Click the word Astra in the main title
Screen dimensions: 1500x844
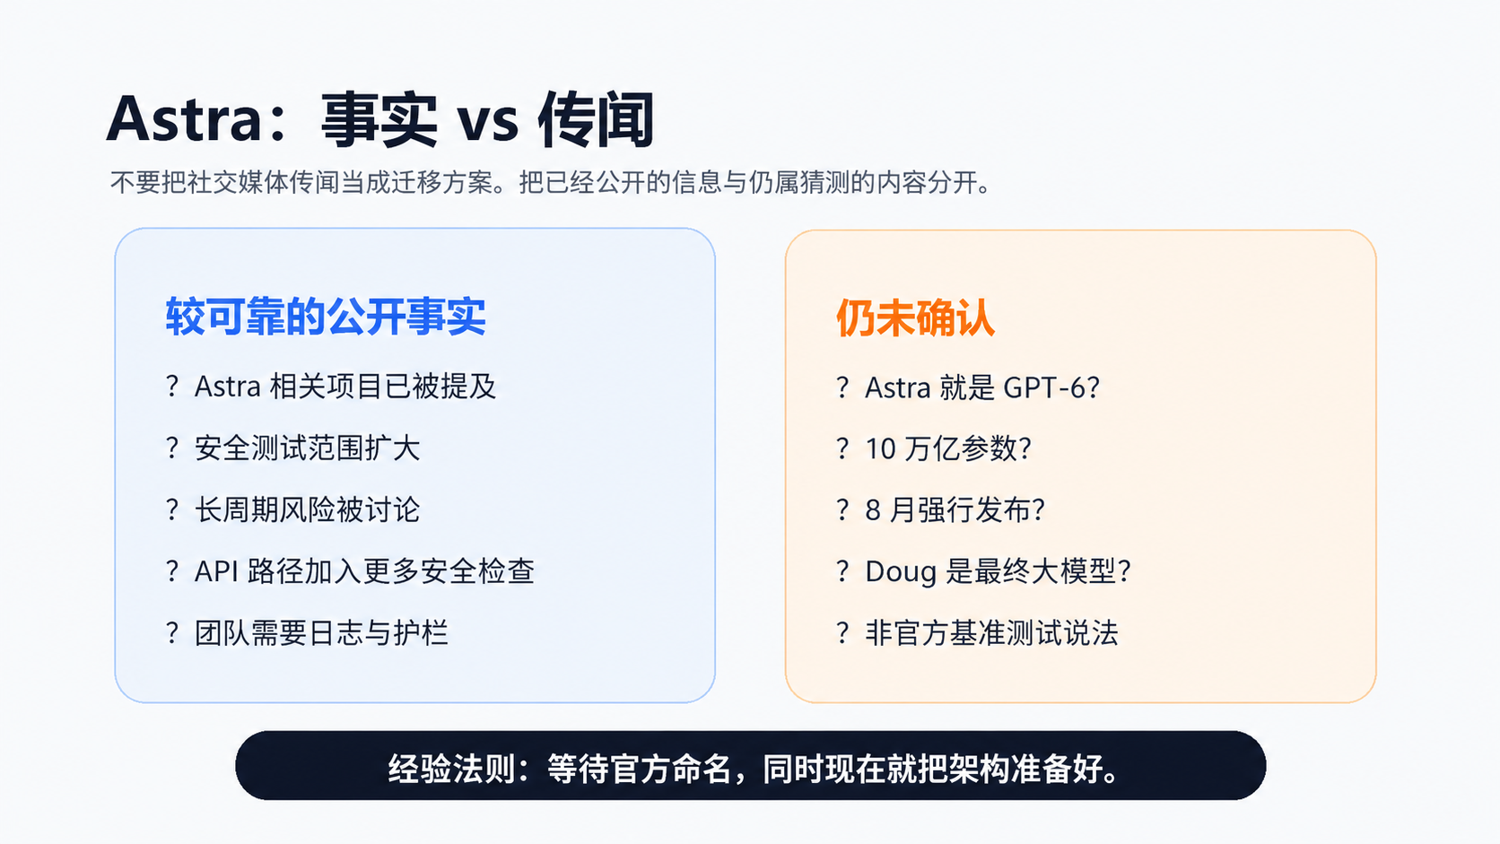[184, 119]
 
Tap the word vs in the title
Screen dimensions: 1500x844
[487, 122]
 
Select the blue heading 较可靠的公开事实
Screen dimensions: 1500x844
[326, 316]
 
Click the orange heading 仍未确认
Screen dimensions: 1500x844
[915, 318]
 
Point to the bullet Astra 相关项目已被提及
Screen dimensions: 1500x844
[344, 387]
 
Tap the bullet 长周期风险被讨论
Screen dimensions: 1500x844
[308, 510]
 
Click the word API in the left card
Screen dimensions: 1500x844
[216, 571]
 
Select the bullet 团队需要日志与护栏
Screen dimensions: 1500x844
[321, 633]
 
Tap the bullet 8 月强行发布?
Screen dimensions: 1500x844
[955, 510]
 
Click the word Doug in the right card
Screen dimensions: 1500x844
[901, 572]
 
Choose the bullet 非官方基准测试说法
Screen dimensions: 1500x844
[991, 633]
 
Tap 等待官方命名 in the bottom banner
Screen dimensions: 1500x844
[640, 769]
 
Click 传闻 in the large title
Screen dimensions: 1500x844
[596, 120]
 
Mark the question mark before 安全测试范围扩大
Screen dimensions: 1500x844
[172, 448]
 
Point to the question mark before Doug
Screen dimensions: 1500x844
[842, 571]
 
